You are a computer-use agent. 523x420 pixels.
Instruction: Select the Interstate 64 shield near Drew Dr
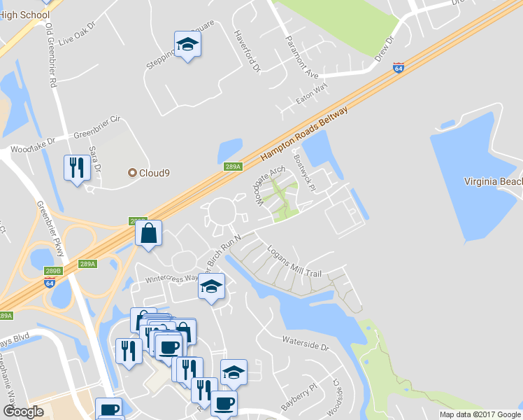399,68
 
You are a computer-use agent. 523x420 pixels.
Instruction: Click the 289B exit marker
53,270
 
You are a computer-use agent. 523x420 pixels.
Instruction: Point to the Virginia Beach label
494,181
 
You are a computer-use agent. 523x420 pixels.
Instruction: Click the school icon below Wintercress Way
211,286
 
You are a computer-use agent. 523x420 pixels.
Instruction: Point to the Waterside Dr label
305,344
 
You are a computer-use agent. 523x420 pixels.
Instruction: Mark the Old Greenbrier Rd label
50,53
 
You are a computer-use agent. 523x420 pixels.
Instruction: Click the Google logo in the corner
23,412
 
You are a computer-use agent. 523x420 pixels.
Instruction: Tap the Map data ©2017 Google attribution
480,414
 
